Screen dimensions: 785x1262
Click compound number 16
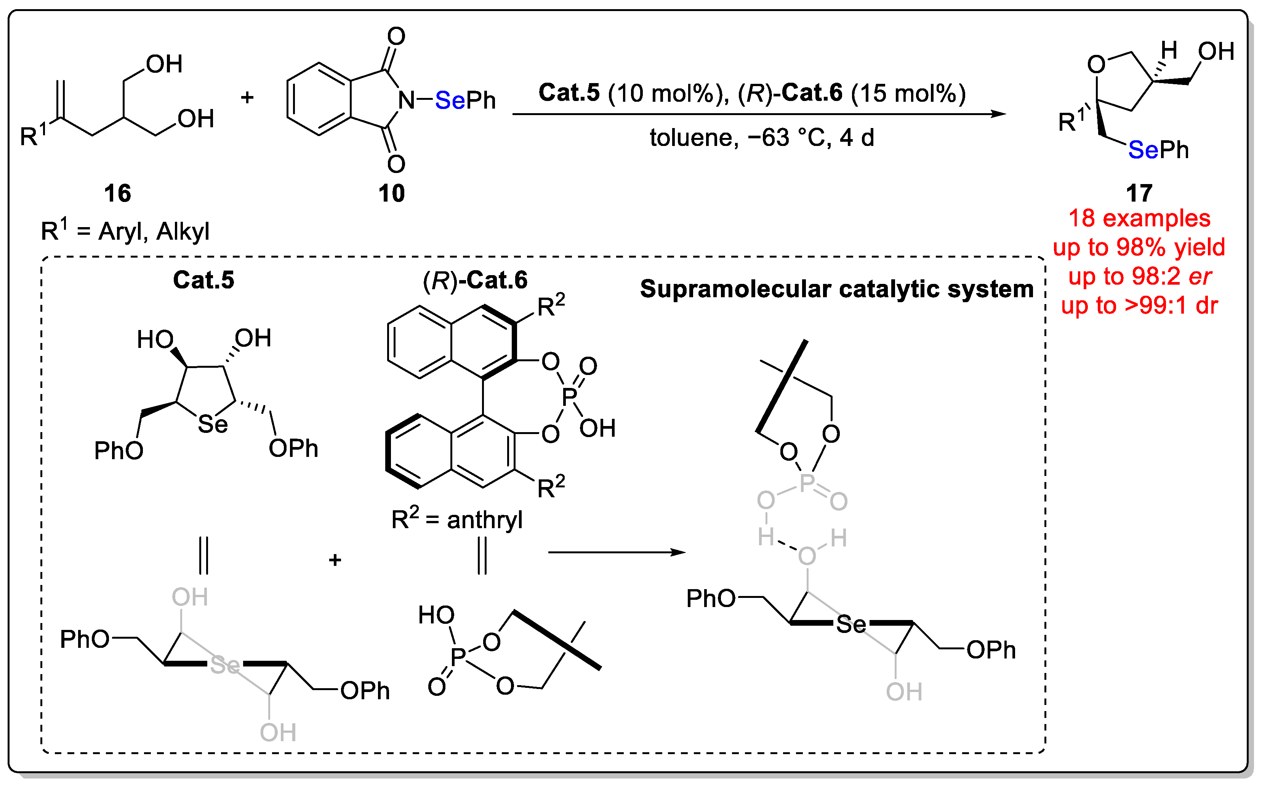click(117, 194)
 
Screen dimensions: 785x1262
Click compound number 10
click(391, 194)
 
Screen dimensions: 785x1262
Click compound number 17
click(1139, 194)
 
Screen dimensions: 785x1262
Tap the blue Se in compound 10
click(450, 100)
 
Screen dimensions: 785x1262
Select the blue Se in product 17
click(1143, 150)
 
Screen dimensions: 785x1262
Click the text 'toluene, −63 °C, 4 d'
click(762, 138)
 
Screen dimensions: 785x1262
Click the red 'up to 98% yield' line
click(1139, 248)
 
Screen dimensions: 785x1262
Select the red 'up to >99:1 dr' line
click(1139, 306)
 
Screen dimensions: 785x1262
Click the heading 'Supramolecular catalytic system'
click(837, 289)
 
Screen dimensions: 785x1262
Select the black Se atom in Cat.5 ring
click(212, 425)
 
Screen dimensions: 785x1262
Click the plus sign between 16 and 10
click(247, 97)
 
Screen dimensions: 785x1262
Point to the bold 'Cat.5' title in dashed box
click(203, 280)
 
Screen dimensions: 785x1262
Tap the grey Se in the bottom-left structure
click(225, 665)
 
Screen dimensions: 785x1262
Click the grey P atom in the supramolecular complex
click(806, 483)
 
